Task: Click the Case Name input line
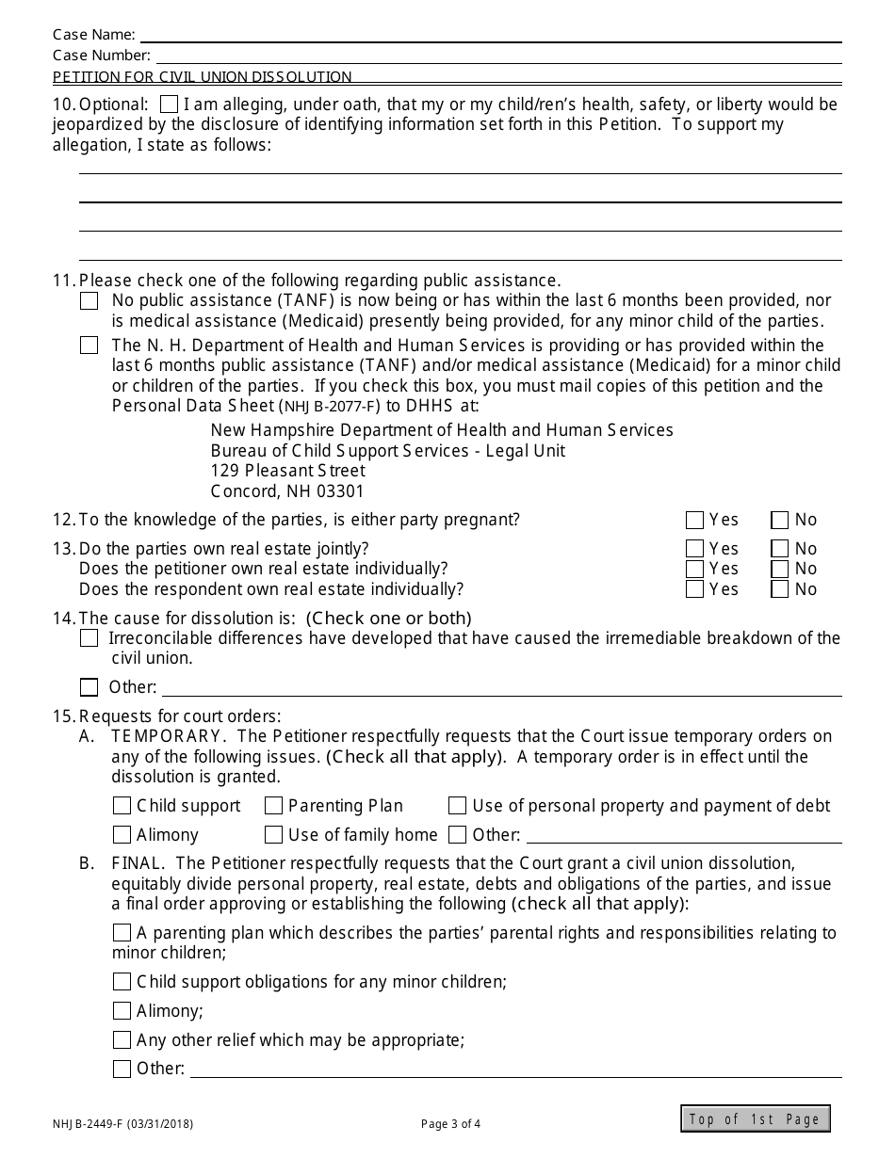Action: coord(490,35)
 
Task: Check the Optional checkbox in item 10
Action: coord(170,104)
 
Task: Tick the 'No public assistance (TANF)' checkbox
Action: coord(89,301)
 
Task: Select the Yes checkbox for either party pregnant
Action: coord(695,520)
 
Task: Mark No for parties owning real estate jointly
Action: coord(780,549)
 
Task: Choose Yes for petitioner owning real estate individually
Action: coord(695,569)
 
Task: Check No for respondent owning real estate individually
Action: coord(780,589)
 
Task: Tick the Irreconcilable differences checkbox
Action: coord(89,638)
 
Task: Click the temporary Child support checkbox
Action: coord(122,806)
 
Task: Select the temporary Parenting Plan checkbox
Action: coord(273,806)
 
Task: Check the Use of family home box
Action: coord(273,835)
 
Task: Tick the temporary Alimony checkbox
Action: coord(122,835)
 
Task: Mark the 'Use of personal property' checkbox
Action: coord(457,806)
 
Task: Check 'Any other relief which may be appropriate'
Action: coord(122,1040)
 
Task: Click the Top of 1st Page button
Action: coord(756,1118)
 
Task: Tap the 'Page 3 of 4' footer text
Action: coord(450,1122)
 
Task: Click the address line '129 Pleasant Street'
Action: coord(287,471)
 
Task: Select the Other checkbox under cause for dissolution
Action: coord(89,687)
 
